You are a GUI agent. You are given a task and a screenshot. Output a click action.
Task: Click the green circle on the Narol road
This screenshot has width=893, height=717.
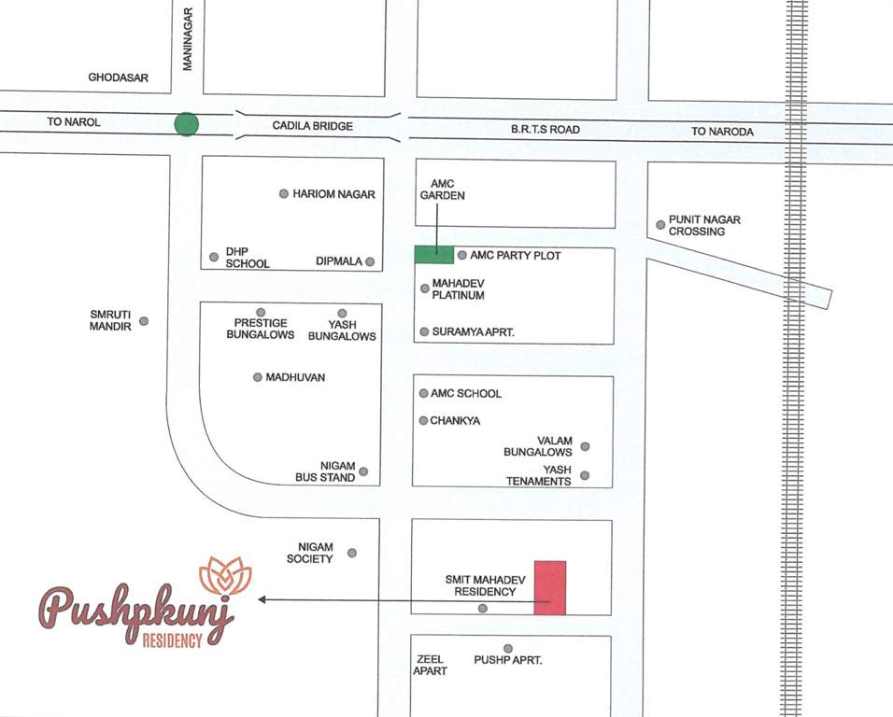pos(187,124)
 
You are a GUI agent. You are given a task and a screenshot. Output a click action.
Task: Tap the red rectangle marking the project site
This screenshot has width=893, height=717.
pos(550,588)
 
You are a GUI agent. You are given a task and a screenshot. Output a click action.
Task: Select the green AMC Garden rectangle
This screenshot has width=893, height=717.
pos(434,254)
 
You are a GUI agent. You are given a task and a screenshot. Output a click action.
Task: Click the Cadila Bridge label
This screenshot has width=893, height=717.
pos(313,125)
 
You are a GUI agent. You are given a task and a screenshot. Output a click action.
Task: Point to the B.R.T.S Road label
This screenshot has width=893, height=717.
pos(545,131)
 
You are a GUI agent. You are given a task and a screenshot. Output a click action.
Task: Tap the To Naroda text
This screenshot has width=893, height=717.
pos(722,132)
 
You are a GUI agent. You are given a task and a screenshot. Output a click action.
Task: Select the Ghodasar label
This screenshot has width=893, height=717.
pos(119,77)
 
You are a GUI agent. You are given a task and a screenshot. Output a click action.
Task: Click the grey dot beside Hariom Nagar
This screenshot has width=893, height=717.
pos(284,194)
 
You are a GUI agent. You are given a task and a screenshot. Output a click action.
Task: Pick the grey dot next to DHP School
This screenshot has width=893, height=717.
pos(214,257)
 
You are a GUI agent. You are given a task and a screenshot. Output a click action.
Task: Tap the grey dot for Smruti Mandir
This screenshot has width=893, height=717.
pos(144,321)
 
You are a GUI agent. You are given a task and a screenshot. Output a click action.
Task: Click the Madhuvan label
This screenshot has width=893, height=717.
pos(295,377)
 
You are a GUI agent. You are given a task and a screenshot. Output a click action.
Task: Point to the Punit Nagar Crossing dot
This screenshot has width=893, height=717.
pos(660,225)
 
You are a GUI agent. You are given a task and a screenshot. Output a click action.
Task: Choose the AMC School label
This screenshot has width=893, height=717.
pos(466,394)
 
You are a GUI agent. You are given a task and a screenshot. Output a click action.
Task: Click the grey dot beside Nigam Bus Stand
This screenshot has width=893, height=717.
pos(363,471)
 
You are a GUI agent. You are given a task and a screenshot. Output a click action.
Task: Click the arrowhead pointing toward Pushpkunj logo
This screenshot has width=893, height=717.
pos(262,599)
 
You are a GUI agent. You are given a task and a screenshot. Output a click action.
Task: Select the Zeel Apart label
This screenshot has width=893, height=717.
pos(432,665)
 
